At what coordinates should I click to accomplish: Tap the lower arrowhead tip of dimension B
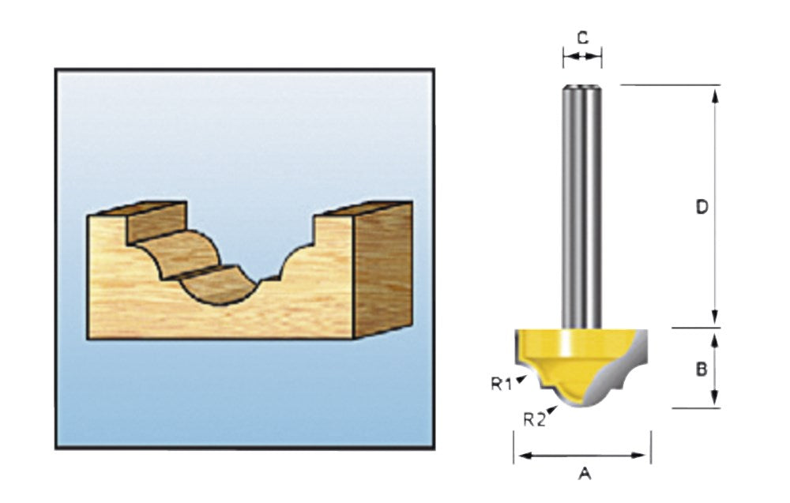click(x=714, y=407)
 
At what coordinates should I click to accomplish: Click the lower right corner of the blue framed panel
click(x=434, y=448)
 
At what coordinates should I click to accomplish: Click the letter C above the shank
click(x=582, y=38)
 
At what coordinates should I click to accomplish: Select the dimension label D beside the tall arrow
click(x=702, y=207)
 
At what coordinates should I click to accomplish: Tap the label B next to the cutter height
click(x=702, y=370)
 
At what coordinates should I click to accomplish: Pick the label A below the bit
click(x=584, y=473)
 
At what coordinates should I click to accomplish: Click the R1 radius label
click(x=502, y=385)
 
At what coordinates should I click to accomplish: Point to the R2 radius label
click(x=535, y=419)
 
